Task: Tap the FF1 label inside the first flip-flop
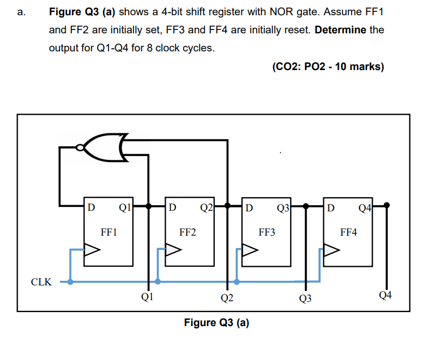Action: (109, 232)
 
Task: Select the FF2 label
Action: (188, 232)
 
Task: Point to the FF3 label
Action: (267, 232)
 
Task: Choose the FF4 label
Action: (348, 232)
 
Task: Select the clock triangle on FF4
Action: (331, 249)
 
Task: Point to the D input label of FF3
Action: (250, 206)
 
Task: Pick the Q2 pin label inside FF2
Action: (206, 206)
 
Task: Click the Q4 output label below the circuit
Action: (386, 294)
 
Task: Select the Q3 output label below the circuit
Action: (305, 298)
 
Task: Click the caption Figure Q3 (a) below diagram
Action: (217, 323)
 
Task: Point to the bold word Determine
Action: (340, 29)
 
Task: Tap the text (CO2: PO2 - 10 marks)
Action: (328, 67)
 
